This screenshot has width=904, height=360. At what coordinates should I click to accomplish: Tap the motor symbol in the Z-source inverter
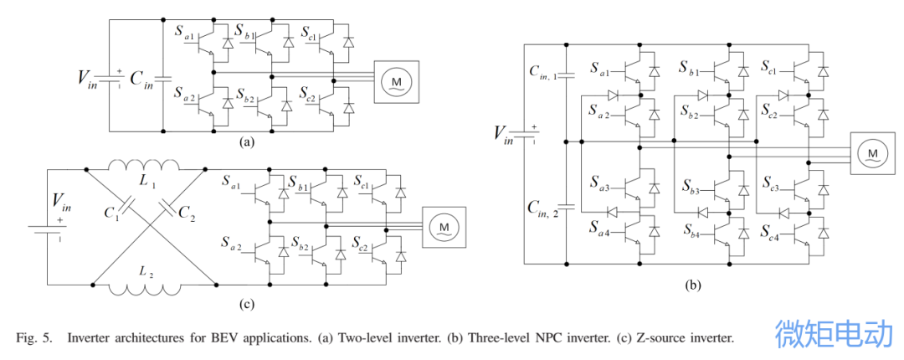439,226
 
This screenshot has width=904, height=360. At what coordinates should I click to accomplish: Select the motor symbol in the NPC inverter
872,153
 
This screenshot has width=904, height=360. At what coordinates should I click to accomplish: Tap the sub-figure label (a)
245,142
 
